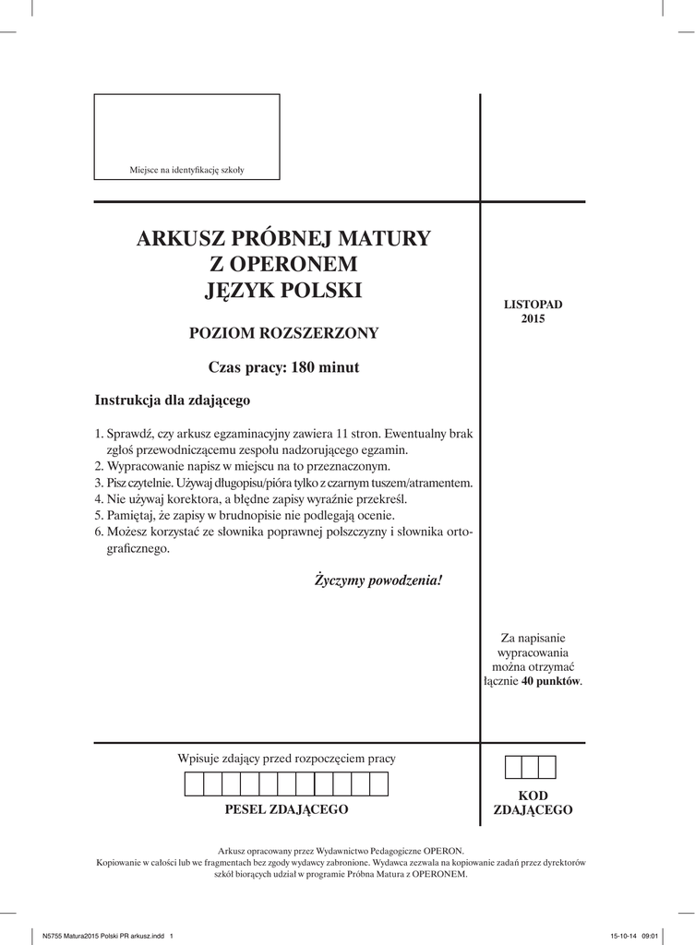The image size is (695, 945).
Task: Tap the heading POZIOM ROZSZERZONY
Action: [283, 333]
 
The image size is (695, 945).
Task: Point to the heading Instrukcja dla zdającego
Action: [173, 401]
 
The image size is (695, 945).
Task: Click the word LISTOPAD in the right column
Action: [533, 304]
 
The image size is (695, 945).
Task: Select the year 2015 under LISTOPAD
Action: [533, 319]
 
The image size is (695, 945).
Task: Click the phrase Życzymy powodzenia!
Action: [378, 580]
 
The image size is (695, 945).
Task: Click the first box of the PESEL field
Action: [195, 784]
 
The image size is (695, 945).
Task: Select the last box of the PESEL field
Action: [378, 784]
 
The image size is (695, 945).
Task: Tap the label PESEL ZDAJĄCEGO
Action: [286, 809]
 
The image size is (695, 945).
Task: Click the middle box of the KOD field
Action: [530, 767]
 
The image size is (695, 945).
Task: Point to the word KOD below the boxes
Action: [533, 795]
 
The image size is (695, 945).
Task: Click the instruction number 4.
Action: [99, 498]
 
